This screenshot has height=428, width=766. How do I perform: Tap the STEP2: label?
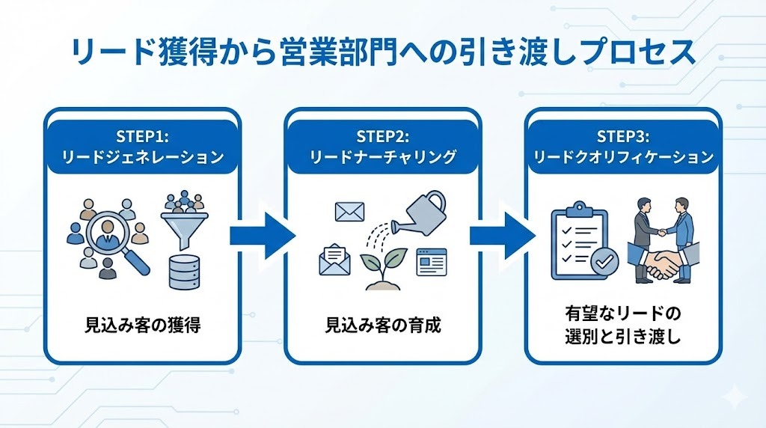pos(383,137)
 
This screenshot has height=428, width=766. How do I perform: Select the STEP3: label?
pos(623,137)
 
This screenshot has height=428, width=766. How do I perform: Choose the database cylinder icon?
pos(184,272)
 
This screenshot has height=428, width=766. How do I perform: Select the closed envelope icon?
pos(350,212)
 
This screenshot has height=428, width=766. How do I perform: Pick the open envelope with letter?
pos(334,259)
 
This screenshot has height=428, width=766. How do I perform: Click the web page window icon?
pos(432,262)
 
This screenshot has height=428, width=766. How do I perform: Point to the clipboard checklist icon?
pos(580,242)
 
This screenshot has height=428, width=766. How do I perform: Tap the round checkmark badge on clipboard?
pos(604,263)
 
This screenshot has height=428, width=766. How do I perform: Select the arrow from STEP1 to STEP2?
pos(262,236)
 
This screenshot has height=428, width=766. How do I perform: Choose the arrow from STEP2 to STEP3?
pos(502,236)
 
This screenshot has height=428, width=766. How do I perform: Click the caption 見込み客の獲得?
pos(143,325)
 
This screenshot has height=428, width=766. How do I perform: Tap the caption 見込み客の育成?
pos(383,325)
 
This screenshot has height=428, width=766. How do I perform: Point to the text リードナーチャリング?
pos(383,157)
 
